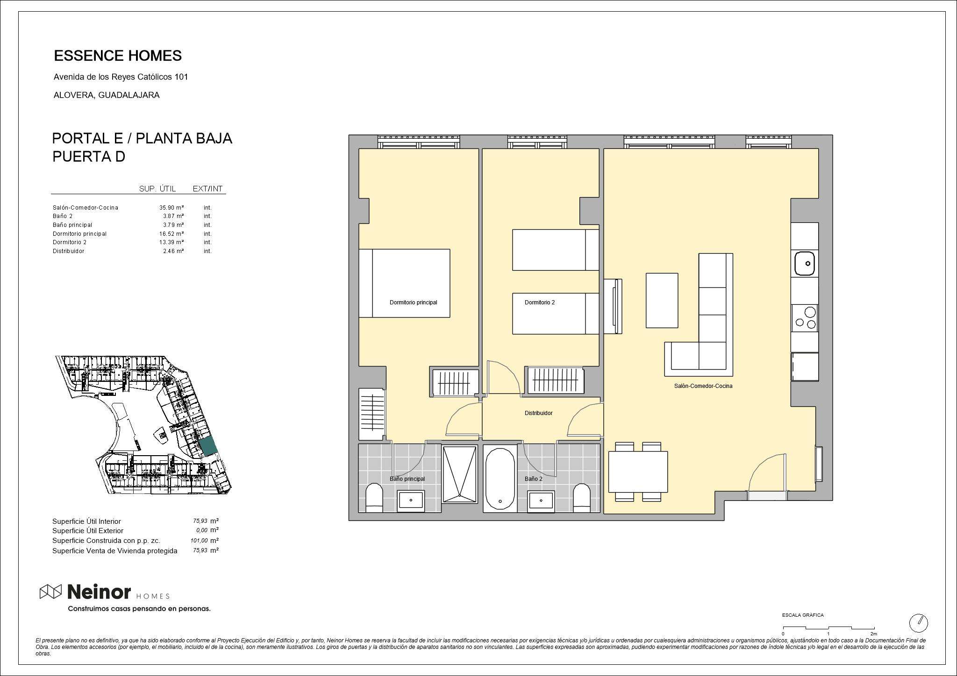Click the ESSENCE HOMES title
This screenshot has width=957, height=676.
tap(118, 56)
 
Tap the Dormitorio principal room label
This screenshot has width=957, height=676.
tap(414, 303)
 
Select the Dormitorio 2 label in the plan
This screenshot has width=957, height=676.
tap(540, 303)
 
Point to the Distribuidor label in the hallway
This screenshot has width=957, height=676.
tap(538, 413)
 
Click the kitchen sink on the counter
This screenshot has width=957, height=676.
tap(805, 263)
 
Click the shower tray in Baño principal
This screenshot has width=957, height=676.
tap(460, 474)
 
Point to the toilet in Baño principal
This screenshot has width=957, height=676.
tap(374, 498)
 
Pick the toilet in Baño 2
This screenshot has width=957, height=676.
tap(582, 498)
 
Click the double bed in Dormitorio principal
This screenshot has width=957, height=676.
tap(404, 283)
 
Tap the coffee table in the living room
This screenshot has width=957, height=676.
tap(662, 301)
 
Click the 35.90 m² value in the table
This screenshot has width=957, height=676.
tap(171, 208)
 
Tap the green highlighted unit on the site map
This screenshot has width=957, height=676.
tap(208, 447)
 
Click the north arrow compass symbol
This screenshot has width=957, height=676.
tap(919, 622)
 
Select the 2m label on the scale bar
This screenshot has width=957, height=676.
tap(873, 634)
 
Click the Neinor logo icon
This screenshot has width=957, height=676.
tap(50, 591)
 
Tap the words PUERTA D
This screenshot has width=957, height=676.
tap(89, 157)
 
